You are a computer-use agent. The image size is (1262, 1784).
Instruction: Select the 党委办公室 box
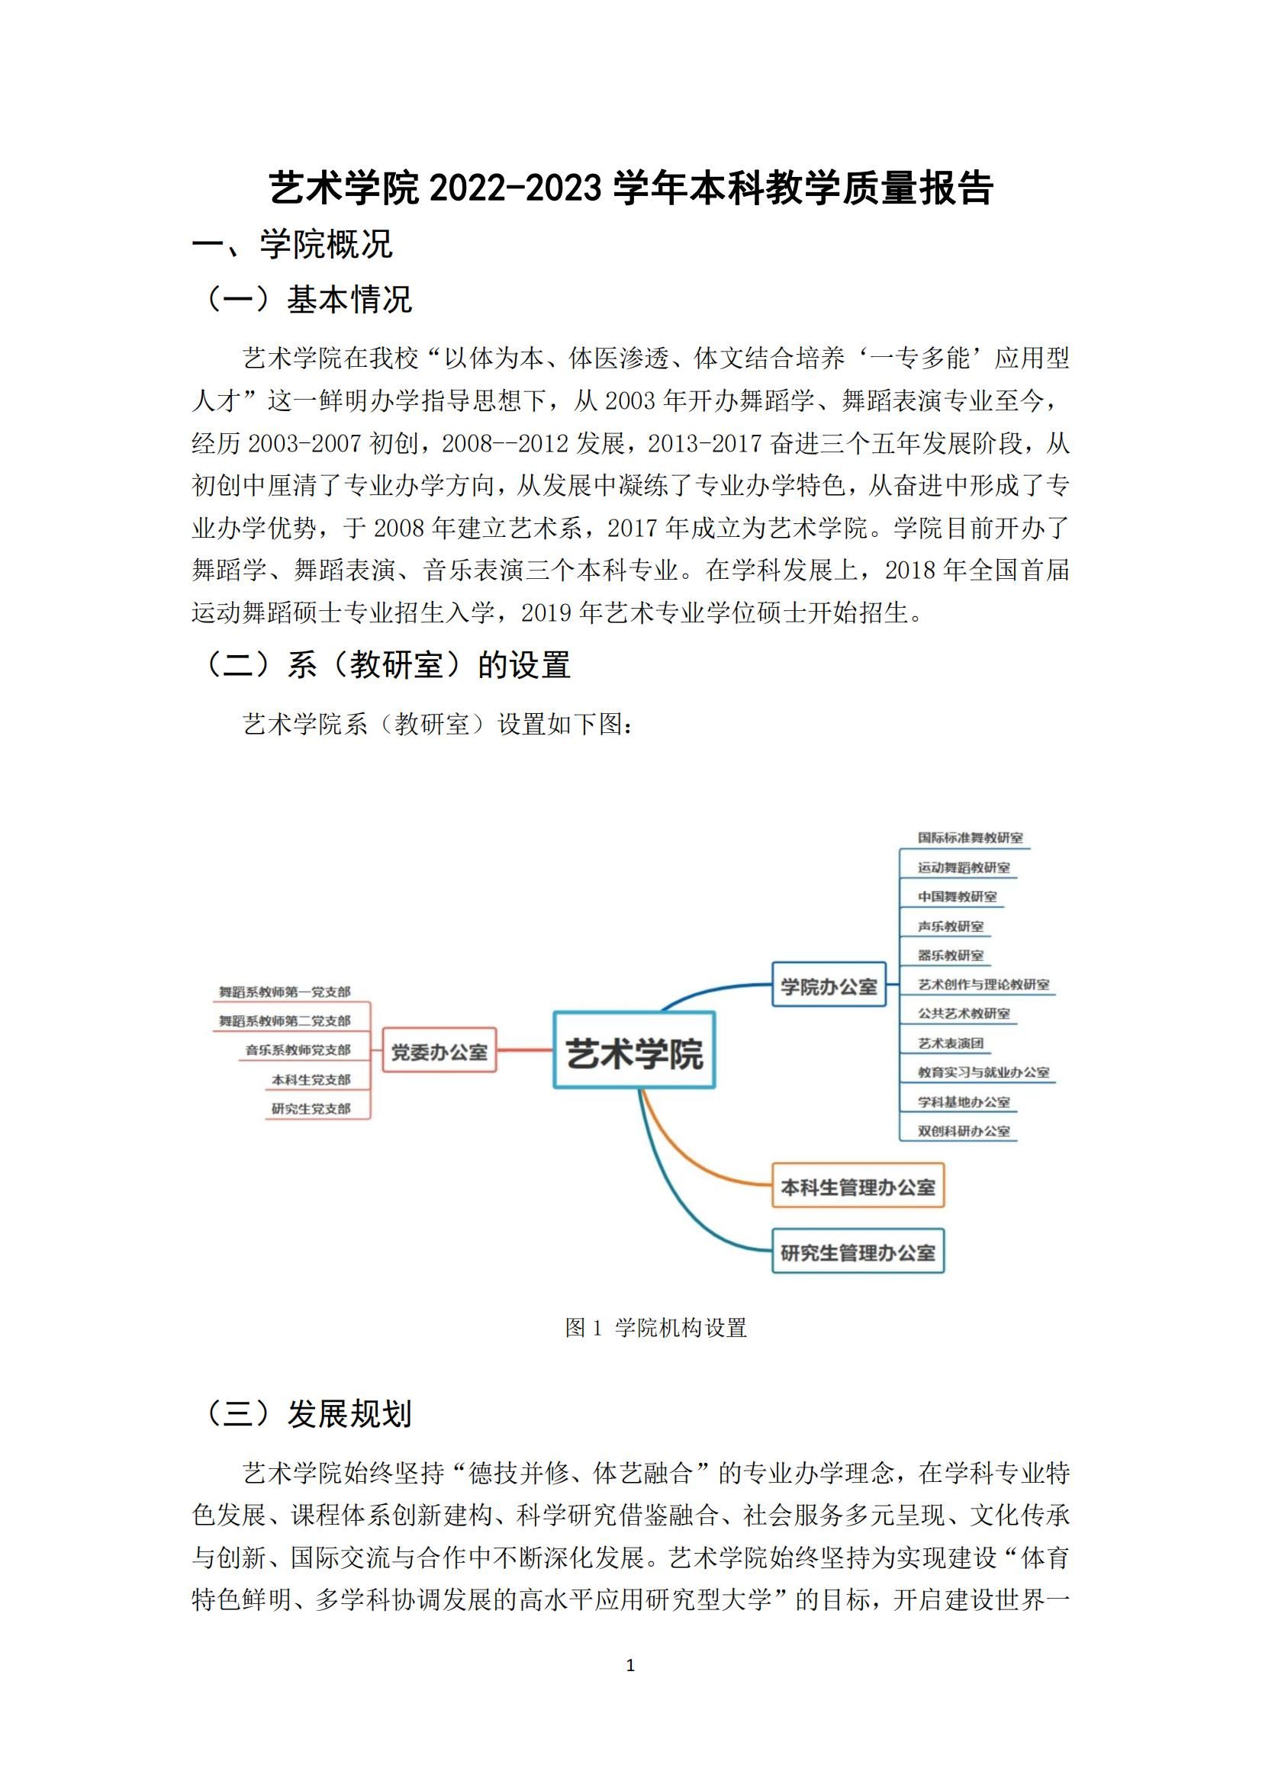tap(439, 1053)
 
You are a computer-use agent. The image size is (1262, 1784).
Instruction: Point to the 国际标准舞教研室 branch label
tap(970, 838)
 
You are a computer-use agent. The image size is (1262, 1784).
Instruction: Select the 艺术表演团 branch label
tap(951, 1043)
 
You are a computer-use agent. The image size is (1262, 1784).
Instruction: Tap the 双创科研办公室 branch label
tap(964, 1131)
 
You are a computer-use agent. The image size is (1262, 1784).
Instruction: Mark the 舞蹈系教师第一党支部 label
tap(285, 992)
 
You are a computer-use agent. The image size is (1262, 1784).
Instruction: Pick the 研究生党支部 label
tap(311, 1109)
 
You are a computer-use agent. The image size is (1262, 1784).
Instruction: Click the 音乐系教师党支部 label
tap(298, 1050)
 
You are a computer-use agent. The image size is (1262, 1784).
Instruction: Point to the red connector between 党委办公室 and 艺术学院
tap(524, 1050)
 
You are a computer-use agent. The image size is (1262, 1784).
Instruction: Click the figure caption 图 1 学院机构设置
tap(656, 1328)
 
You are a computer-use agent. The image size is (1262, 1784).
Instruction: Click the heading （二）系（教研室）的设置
tap(385, 665)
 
